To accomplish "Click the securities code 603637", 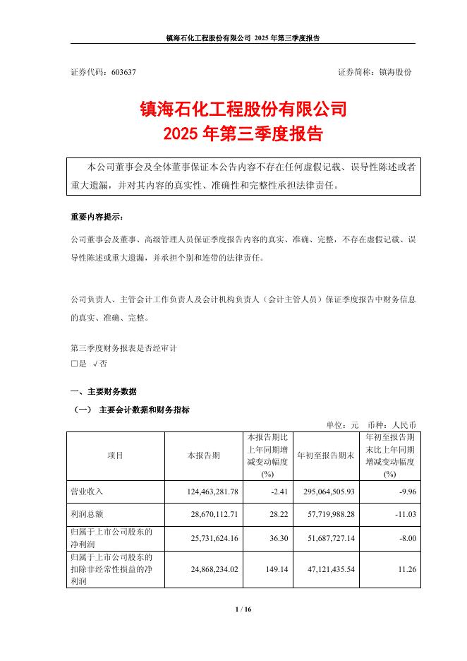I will (x=123, y=73).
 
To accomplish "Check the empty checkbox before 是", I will (x=74, y=364).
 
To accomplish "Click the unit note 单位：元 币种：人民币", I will (x=371, y=424).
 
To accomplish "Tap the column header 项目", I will (x=115, y=455).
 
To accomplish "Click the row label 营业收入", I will (x=87, y=490).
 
